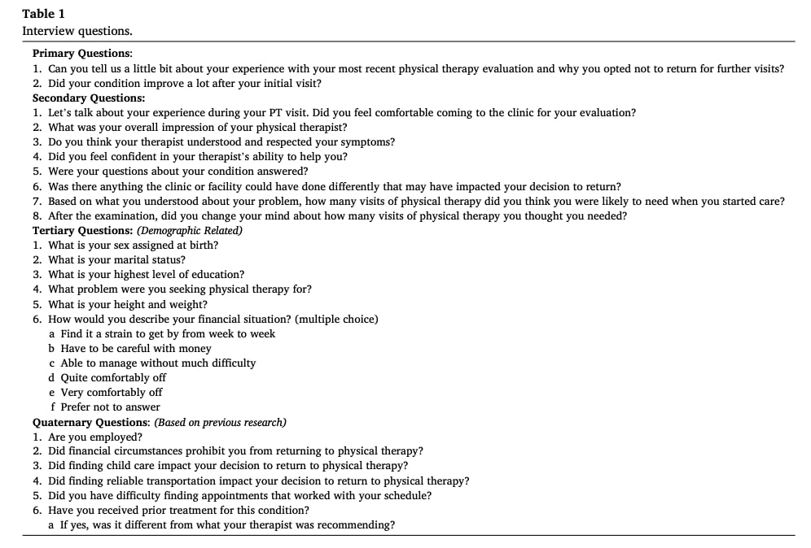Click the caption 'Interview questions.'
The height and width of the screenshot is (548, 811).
77,31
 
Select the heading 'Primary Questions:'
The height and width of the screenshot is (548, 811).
82,54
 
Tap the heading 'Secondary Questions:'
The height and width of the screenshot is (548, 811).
89,98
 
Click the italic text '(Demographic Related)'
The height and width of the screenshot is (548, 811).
189,230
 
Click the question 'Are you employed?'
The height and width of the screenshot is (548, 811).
94,437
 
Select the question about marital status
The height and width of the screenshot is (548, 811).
116,259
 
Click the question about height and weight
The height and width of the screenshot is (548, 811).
128,304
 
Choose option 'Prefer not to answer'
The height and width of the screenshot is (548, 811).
110,407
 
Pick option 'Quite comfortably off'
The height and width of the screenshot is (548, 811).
113,377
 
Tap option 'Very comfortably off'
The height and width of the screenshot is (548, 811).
112,392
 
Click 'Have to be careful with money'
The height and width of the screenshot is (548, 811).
136,348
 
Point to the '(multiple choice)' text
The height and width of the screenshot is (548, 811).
336,319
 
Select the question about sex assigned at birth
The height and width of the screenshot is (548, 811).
133,245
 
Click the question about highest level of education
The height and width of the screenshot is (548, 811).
146,274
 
